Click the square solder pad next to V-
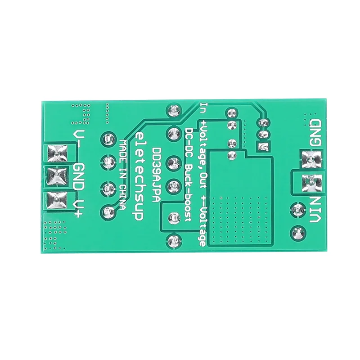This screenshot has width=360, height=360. pyautogui.click(x=57, y=153)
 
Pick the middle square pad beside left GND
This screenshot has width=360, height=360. pyautogui.click(x=56, y=175)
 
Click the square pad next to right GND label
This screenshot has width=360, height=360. pyautogui.click(x=310, y=158)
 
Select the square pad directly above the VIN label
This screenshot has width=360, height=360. pyautogui.click(x=310, y=181)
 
